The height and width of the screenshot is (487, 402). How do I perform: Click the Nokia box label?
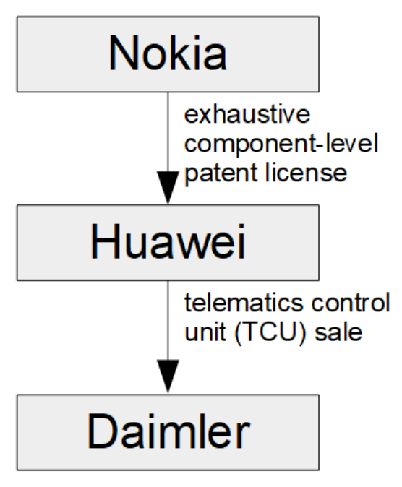coord(168,53)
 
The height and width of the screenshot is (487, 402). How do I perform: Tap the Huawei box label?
coord(168,241)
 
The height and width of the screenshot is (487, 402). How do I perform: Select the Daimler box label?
coord(168,431)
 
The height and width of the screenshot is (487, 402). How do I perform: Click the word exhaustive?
coord(247,115)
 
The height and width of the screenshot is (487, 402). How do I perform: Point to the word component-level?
coord(281,144)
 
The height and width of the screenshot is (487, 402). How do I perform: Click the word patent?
coord(221,173)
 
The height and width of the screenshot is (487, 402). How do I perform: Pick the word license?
coord(307,173)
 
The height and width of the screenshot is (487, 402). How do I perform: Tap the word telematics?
coord(244,303)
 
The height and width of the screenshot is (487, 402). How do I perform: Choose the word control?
coord(351,303)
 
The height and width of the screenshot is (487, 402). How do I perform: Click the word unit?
coord(205,332)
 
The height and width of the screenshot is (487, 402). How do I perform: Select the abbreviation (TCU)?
coord(270,333)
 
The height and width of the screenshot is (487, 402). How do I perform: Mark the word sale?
coord(338,332)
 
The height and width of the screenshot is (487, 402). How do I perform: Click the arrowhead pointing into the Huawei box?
coord(168,188)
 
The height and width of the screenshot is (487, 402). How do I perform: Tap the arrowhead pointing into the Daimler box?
coord(168,376)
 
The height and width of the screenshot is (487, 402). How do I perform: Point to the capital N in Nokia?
coord(123,53)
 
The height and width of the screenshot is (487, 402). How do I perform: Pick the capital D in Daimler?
coord(103,431)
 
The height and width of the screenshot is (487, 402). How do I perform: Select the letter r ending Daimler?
coord(243,436)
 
